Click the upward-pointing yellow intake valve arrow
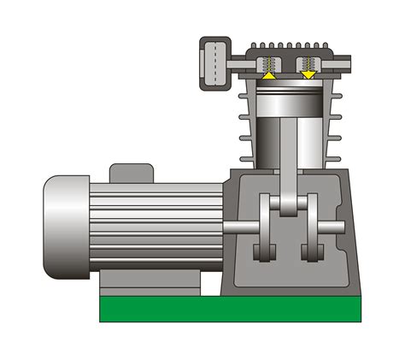pos(269,76)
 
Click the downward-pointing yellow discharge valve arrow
pos(308,75)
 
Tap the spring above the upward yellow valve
pos(269,63)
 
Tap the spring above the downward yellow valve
pos(308,63)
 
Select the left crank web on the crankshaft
pos(267,227)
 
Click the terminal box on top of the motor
pos(131,174)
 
